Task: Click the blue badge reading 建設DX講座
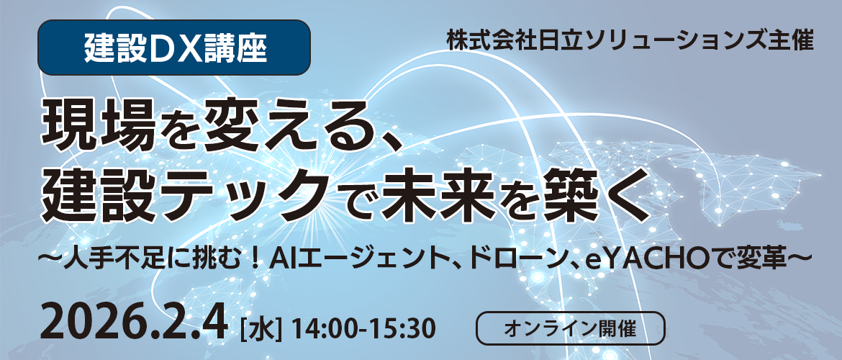[175, 48]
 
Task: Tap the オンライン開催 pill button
[571, 329]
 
